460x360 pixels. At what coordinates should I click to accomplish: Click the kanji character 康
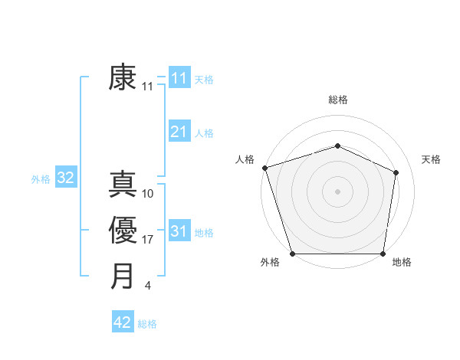[x=123, y=78]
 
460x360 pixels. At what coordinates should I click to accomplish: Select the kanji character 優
[x=123, y=231]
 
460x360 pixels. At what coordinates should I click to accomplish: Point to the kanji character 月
[x=123, y=276]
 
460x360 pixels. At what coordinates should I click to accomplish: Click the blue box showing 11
[x=179, y=78]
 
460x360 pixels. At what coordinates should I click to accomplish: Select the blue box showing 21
[x=179, y=132]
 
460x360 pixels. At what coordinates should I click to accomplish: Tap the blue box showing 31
[x=179, y=231]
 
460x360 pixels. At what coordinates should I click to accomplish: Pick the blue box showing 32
[x=65, y=178]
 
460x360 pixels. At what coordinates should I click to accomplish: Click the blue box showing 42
[x=123, y=322]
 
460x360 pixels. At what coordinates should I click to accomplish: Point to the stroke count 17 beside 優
[x=148, y=240]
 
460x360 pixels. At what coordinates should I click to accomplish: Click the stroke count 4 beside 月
[x=147, y=286]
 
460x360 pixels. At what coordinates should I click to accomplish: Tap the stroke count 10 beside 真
[x=148, y=194]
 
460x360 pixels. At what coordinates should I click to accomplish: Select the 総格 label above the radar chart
[x=338, y=100]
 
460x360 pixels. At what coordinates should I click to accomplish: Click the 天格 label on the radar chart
[x=431, y=159]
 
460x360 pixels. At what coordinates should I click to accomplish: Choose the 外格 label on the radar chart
[x=269, y=262]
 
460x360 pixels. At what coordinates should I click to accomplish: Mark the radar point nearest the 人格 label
[x=264, y=167]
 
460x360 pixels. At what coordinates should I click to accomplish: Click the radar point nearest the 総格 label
[x=337, y=146]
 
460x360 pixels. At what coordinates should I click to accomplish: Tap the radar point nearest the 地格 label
[x=383, y=254]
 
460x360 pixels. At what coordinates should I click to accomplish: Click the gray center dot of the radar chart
[x=337, y=191]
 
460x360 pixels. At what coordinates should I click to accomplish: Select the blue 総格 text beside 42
[x=147, y=324]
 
